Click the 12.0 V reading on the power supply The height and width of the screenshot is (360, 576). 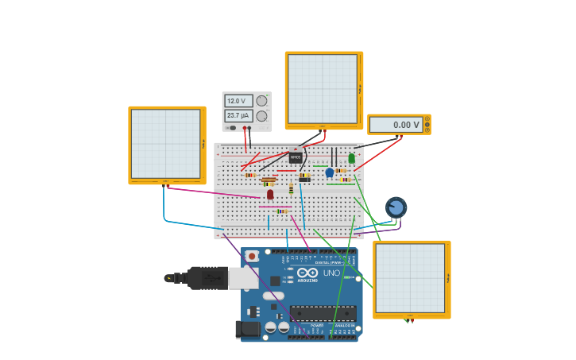(238, 101)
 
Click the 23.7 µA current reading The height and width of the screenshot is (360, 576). (238, 116)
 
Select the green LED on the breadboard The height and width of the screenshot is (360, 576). (351, 158)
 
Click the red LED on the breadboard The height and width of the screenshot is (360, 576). (270, 194)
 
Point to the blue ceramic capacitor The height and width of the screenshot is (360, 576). (329, 172)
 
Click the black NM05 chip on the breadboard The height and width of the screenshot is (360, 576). (295, 157)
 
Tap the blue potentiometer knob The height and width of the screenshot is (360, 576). (396, 207)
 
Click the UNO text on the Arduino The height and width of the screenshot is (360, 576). (331, 273)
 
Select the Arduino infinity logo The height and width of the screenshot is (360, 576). (307, 273)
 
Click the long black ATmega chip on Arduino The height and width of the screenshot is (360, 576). (323, 313)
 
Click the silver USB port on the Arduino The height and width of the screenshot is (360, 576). (243, 278)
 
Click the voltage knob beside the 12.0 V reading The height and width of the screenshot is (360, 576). (261, 101)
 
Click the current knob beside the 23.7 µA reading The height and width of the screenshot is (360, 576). (261, 116)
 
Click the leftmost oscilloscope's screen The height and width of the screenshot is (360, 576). (166, 144)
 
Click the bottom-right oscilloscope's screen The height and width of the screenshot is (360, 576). (411, 278)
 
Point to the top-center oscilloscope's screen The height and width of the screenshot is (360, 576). (323, 89)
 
